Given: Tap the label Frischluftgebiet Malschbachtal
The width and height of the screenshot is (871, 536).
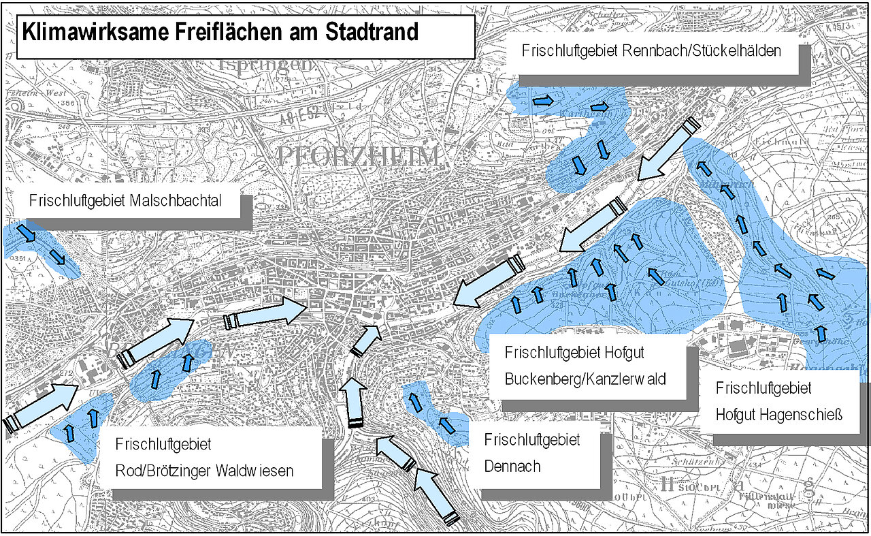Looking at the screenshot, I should pos(135,201).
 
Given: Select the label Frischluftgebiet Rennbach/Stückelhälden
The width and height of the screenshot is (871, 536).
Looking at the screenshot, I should pos(651,50).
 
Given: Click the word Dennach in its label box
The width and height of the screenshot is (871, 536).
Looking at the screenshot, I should pos(509,467).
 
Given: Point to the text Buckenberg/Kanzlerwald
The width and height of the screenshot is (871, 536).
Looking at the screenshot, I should pos(585,379).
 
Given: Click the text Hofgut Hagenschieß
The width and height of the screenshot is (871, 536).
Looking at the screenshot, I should pos(779,413).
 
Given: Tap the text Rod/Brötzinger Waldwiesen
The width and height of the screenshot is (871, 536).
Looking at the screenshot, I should pos(204,471).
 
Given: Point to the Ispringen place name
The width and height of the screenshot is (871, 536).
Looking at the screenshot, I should pos(265,65).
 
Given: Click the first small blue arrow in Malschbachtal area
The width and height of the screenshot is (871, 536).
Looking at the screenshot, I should pos(27,233).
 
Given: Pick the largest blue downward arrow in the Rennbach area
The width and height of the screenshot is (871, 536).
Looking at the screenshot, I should pos(579,165).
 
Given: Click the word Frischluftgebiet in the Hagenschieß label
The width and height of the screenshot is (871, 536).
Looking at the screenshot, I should pos(763,388).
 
